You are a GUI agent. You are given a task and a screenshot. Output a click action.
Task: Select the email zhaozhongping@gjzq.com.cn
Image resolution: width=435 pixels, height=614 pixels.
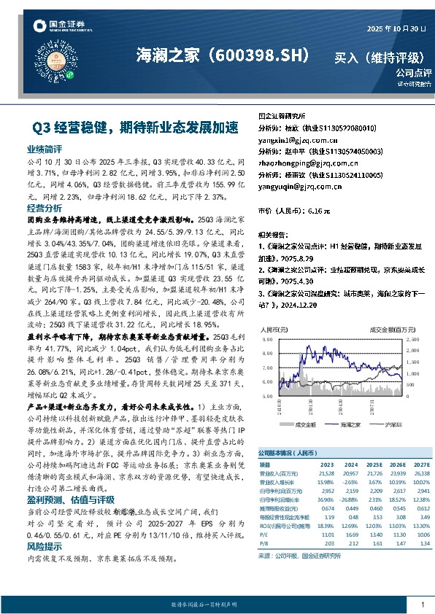coord(306,163)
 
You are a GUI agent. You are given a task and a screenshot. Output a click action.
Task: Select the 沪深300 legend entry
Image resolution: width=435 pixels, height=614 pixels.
coord(392,424)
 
